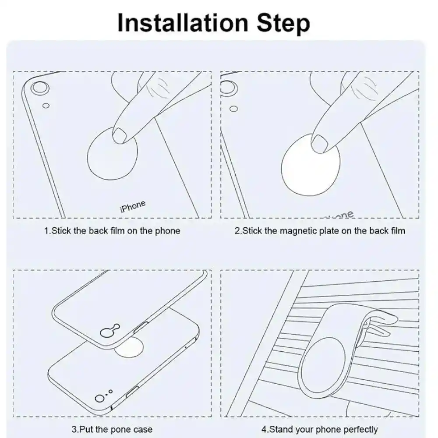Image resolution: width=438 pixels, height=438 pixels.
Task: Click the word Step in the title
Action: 283,24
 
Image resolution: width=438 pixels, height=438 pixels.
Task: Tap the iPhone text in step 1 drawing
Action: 133,206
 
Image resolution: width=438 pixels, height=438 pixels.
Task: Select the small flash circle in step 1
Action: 46,106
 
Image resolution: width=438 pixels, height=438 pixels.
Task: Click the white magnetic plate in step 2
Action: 311,165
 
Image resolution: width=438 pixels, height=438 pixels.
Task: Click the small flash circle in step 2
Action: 234,109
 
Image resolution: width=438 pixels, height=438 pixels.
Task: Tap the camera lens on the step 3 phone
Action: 99,399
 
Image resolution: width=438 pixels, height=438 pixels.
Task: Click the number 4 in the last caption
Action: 263,429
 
